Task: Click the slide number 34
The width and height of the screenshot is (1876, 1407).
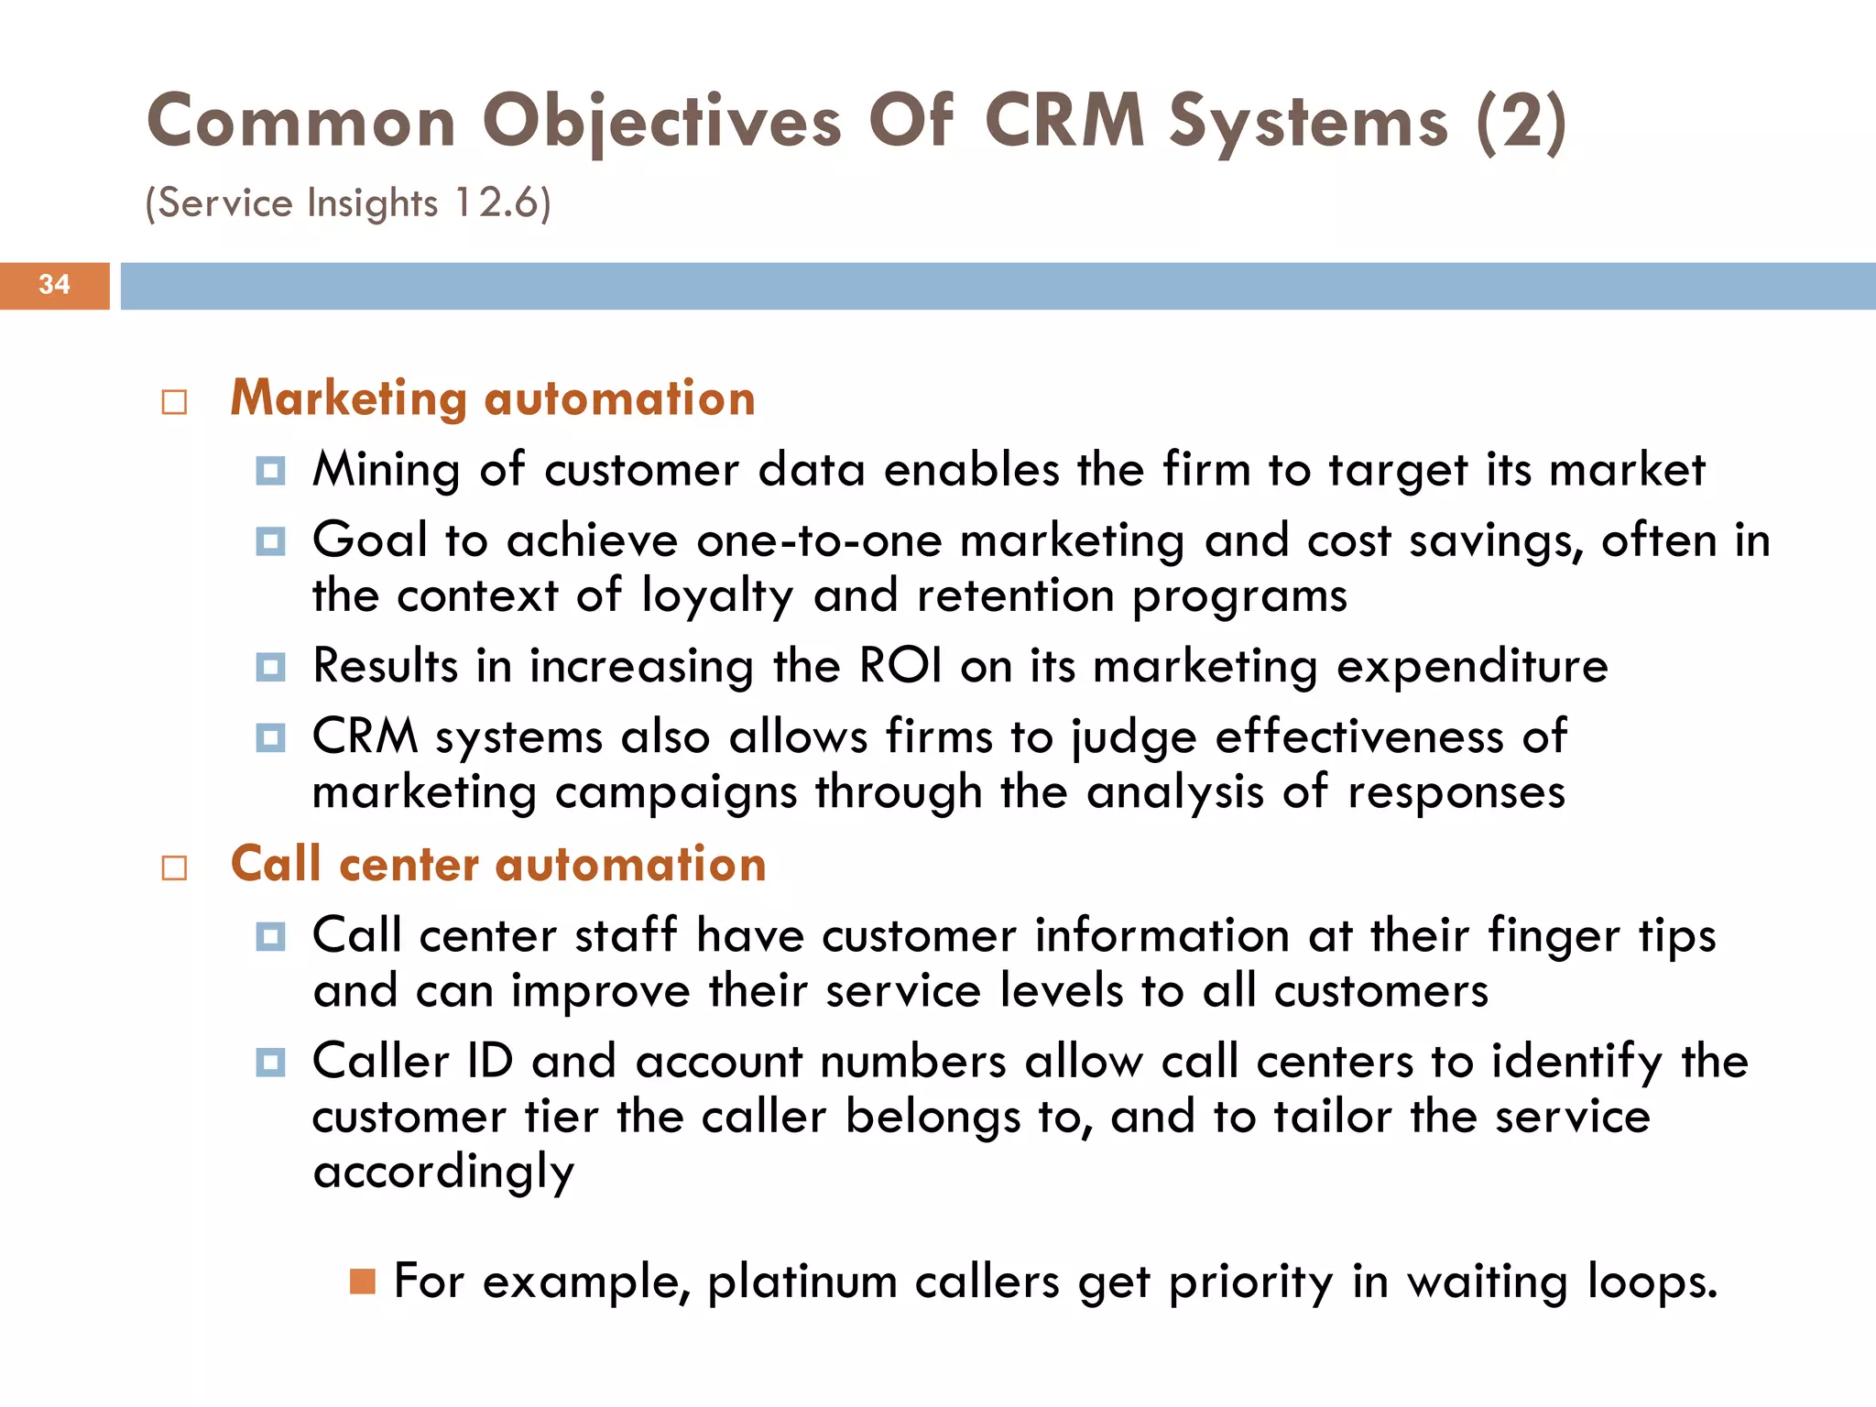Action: click(54, 285)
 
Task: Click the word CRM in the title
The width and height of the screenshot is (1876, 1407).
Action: click(1064, 121)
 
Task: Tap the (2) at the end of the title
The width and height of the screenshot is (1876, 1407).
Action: click(1522, 123)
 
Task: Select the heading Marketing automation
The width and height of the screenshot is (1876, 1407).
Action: click(493, 399)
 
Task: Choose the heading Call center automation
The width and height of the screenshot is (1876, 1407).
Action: click(498, 866)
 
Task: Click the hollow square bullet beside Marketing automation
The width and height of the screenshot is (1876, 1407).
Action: click(174, 402)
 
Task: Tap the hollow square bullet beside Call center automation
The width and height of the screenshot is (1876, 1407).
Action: click(174, 868)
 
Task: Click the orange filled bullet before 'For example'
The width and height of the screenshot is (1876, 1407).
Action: click(363, 1282)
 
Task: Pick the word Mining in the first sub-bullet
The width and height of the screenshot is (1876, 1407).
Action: click(386, 471)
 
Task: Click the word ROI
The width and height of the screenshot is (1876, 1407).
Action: click(900, 666)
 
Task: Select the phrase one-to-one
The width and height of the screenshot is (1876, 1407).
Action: click(819, 541)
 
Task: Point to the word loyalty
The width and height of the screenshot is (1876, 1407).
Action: click(717, 597)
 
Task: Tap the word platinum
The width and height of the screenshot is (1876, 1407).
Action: click(802, 1282)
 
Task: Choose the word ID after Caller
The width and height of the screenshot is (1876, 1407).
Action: click(489, 1063)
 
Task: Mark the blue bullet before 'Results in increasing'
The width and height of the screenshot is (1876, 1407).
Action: click(270, 667)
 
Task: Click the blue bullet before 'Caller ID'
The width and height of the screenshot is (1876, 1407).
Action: click(270, 1063)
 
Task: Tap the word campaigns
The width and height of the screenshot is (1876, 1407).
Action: click(676, 793)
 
